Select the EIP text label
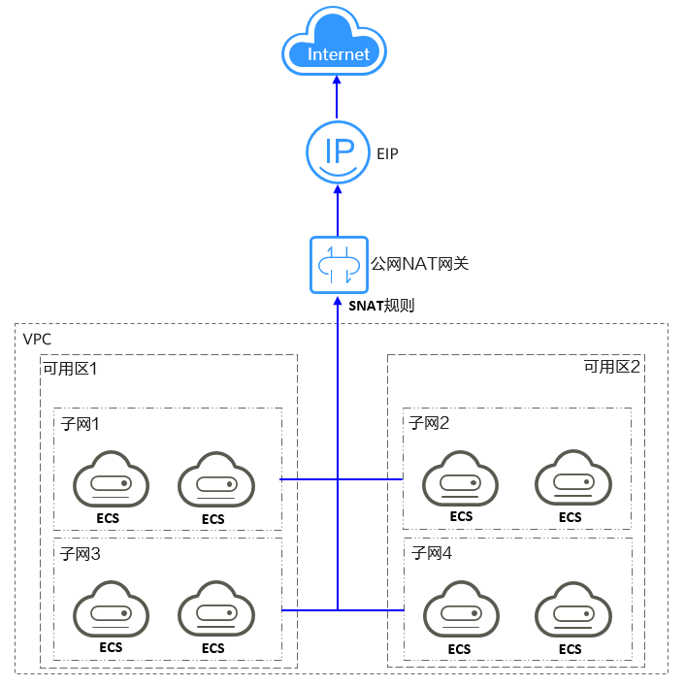click(387, 153)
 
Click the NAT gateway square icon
click(338, 264)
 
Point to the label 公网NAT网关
click(420, 263)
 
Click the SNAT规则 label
click(380, 305)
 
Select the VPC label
click(38, 340)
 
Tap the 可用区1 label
click(70, 369)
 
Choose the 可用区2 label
click(611, 367)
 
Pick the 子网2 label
click(431, 423)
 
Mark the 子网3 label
click(81, 554)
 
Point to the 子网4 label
click(432, 554)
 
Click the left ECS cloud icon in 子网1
click(112, 481)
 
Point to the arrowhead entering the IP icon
click(338, 191)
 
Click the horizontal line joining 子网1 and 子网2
click(340, 478)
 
